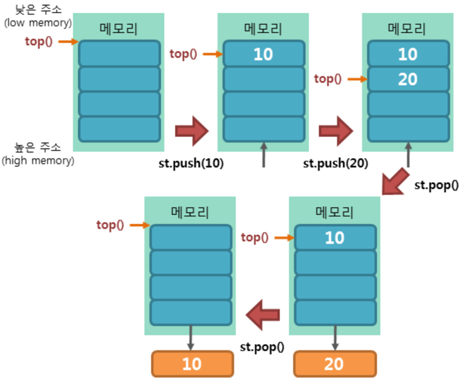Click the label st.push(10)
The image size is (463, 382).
pos(191,163)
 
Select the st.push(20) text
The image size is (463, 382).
pos(336,163)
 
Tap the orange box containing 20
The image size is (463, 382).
pos(335,364)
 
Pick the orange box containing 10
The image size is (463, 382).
pos(192,364)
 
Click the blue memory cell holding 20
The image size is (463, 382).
pos(408,79)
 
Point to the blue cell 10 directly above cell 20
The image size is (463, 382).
pos(408,54)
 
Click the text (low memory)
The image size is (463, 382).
pos(38,23)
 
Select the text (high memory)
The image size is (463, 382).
pos(38,160)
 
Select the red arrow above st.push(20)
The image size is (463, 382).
pos(336,131)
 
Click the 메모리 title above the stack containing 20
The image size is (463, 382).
pos(407,28)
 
